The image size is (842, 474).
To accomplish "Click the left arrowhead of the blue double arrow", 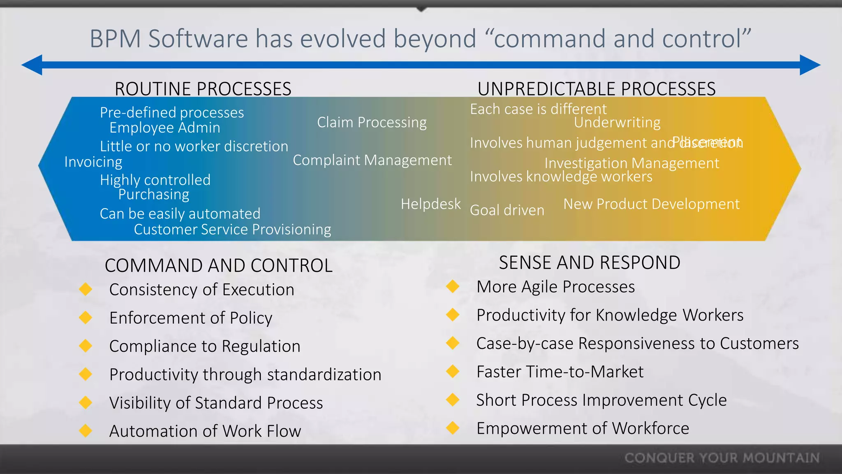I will (32, 65).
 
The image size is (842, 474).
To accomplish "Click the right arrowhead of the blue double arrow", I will (810, 65).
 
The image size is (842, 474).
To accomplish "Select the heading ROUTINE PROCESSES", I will (203, 89).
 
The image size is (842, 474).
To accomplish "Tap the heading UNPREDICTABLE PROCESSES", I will (596, 89).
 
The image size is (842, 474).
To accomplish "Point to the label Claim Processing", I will (372, 123).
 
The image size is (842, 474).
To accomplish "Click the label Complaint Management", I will (372, 160).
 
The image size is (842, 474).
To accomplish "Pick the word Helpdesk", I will (430, 204).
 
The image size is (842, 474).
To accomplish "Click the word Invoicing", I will (93, 162).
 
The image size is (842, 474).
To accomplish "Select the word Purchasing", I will (154, 194).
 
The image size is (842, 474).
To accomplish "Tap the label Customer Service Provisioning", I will (232, 230).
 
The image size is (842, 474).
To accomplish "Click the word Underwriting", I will (617, 123).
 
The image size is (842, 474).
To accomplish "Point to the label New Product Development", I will (651, 204).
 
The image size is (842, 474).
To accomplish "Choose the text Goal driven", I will (507, 210).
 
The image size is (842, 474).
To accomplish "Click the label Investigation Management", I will (631, 163).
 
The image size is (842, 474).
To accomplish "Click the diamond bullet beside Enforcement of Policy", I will (86, 318).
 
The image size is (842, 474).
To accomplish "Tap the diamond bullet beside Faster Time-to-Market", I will (453, 371).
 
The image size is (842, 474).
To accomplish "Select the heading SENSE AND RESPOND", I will (589, 263).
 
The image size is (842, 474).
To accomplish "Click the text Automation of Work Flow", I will (205, 431).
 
